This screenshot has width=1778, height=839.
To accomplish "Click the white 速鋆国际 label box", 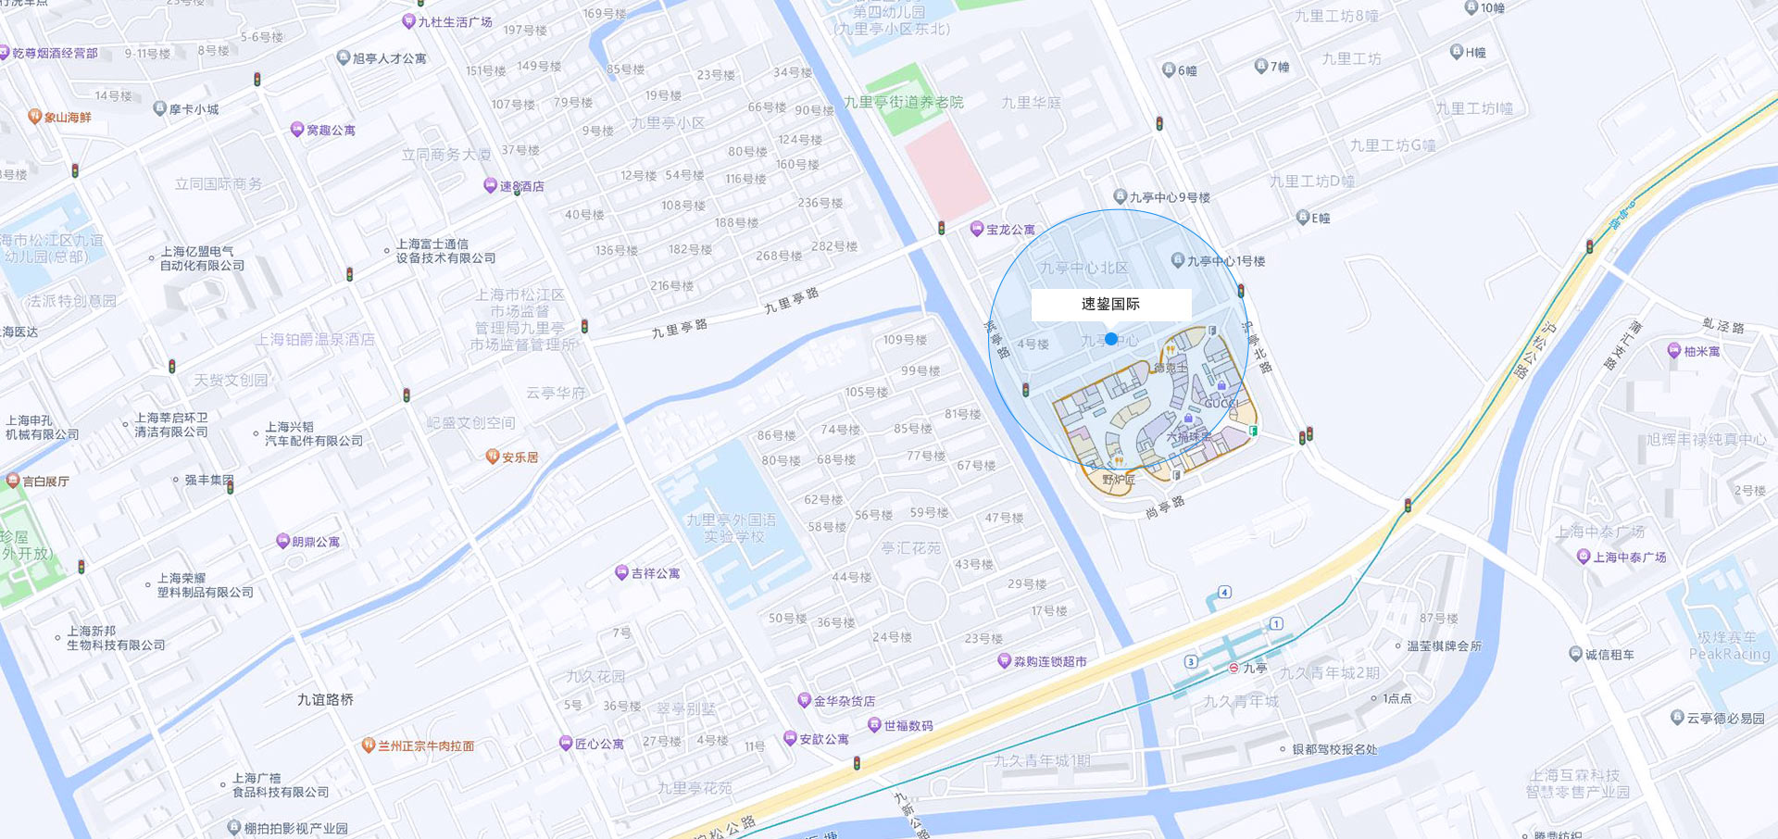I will tap(1111, 305).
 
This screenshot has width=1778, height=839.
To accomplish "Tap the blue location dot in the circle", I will tap(1111, 339).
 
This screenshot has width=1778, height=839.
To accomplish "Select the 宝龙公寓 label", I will tap(1009, 230).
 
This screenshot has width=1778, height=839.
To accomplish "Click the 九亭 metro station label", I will tap(1255, 668).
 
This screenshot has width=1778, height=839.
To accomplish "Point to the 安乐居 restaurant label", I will tap(520, 457).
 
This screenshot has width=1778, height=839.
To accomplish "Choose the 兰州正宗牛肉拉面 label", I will tap(425, 745).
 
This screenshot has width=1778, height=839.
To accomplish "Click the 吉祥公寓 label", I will tap(655, 574).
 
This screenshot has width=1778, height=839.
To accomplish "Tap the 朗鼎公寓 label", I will tap(315, 542).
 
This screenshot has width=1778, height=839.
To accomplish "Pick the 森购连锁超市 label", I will tap(1049, 661).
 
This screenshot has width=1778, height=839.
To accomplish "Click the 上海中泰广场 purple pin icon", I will tap(1584, 557).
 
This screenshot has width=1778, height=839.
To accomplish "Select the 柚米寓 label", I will tap(1701, 352).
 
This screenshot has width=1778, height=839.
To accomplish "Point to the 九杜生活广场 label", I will tap(454, 22).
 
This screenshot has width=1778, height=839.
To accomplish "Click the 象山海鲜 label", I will tap(68, 118).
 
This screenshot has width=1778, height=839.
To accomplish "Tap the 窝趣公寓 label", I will tap(331, 131).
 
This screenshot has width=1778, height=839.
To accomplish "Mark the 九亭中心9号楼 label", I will tap(1169, 197).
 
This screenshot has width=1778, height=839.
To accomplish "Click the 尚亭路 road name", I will tap(1165, 507).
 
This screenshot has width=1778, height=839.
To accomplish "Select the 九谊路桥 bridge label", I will tap(325, 699).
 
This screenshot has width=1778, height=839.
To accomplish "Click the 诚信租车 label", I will tap(1609, 655).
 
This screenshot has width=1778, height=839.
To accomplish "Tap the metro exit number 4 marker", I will tap(1224, 592).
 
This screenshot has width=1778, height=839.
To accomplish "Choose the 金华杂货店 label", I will tap(844, 701).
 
